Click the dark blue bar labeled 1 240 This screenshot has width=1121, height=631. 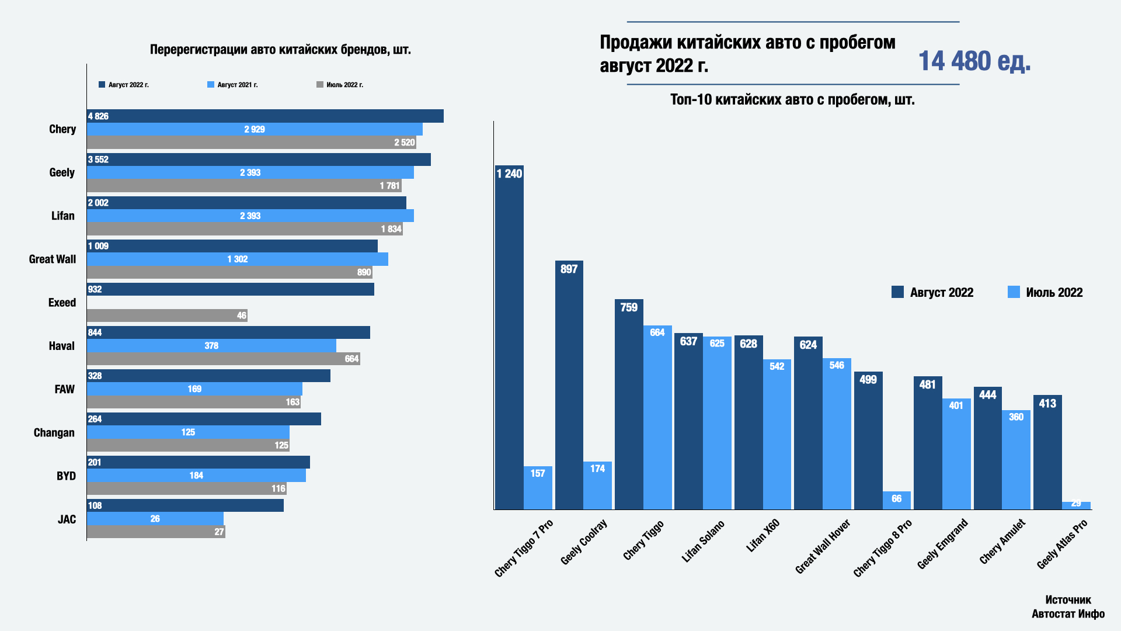coord(509,337)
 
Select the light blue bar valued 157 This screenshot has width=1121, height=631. coord(538,487)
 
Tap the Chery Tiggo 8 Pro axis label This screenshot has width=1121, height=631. coord(882,549)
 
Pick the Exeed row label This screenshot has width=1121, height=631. coord(62,303)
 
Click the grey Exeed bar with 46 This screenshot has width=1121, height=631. coord(167,315)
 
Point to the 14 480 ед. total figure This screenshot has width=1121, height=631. coord(974,61)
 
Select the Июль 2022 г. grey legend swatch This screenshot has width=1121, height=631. coord(320,85)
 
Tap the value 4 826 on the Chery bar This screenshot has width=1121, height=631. coord(98,116)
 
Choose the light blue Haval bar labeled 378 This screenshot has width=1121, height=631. coord(211,346)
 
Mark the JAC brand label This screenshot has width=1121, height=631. coord(67,519)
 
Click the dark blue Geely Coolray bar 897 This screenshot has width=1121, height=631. coord(569,384)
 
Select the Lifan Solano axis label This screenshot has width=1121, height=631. coord(703,542)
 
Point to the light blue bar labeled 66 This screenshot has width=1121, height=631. coord(896,500)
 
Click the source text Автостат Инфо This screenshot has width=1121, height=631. coord(1068,614)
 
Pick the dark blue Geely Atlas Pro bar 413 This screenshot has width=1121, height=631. coord(1047,452)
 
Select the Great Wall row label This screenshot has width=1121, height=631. coord(53,259)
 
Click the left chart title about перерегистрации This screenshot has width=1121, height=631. coord(280,50)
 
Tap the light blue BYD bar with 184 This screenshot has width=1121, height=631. coord(196,476)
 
